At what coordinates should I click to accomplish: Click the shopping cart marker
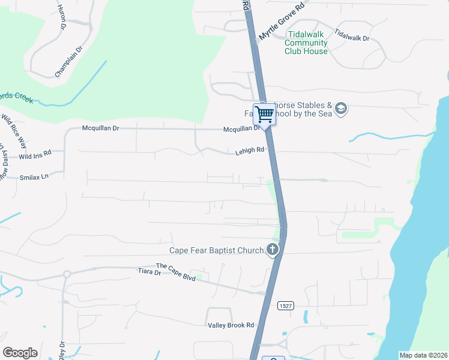click(264, 114)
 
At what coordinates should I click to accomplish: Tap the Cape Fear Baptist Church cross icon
click(273, 250)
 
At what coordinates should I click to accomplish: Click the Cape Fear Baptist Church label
click(217, 250)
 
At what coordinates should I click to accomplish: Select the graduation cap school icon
click(341, 109)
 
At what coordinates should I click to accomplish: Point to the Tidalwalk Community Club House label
click(306, 43)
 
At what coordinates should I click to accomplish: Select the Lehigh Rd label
click(250, 151)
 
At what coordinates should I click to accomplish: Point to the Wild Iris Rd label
click(35, 155)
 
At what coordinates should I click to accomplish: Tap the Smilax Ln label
click(34, 177)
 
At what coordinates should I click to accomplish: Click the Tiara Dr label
click(149, 272)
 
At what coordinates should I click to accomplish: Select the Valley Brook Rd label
click(231, 325)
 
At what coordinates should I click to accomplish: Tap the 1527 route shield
click(285, 306)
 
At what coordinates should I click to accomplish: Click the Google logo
click(20, 353)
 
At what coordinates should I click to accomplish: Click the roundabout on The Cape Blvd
click(67, 274)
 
